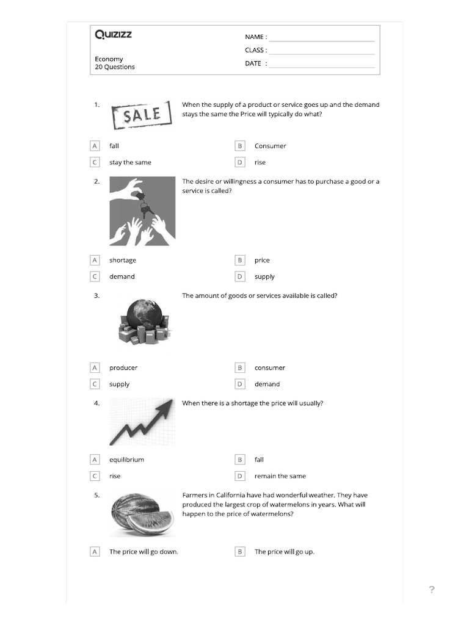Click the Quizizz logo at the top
click(x=113, y=35)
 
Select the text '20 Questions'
click(x=115, y=67)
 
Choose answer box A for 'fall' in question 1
click(x=95, y=146)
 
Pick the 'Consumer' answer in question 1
click(x=270, y=146)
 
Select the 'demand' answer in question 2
click(x=122, y=276)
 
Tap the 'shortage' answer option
click(x=123, y=260)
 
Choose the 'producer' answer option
click(x=123, y=367)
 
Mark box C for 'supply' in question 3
click(x=95, y=384)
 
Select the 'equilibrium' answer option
click(x=126, y=460)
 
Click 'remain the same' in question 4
click(x=280, y=476)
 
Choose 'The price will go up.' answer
click(x=284, y=552)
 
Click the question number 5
click(x=96, y=495)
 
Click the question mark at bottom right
click(x=432, y=590)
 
